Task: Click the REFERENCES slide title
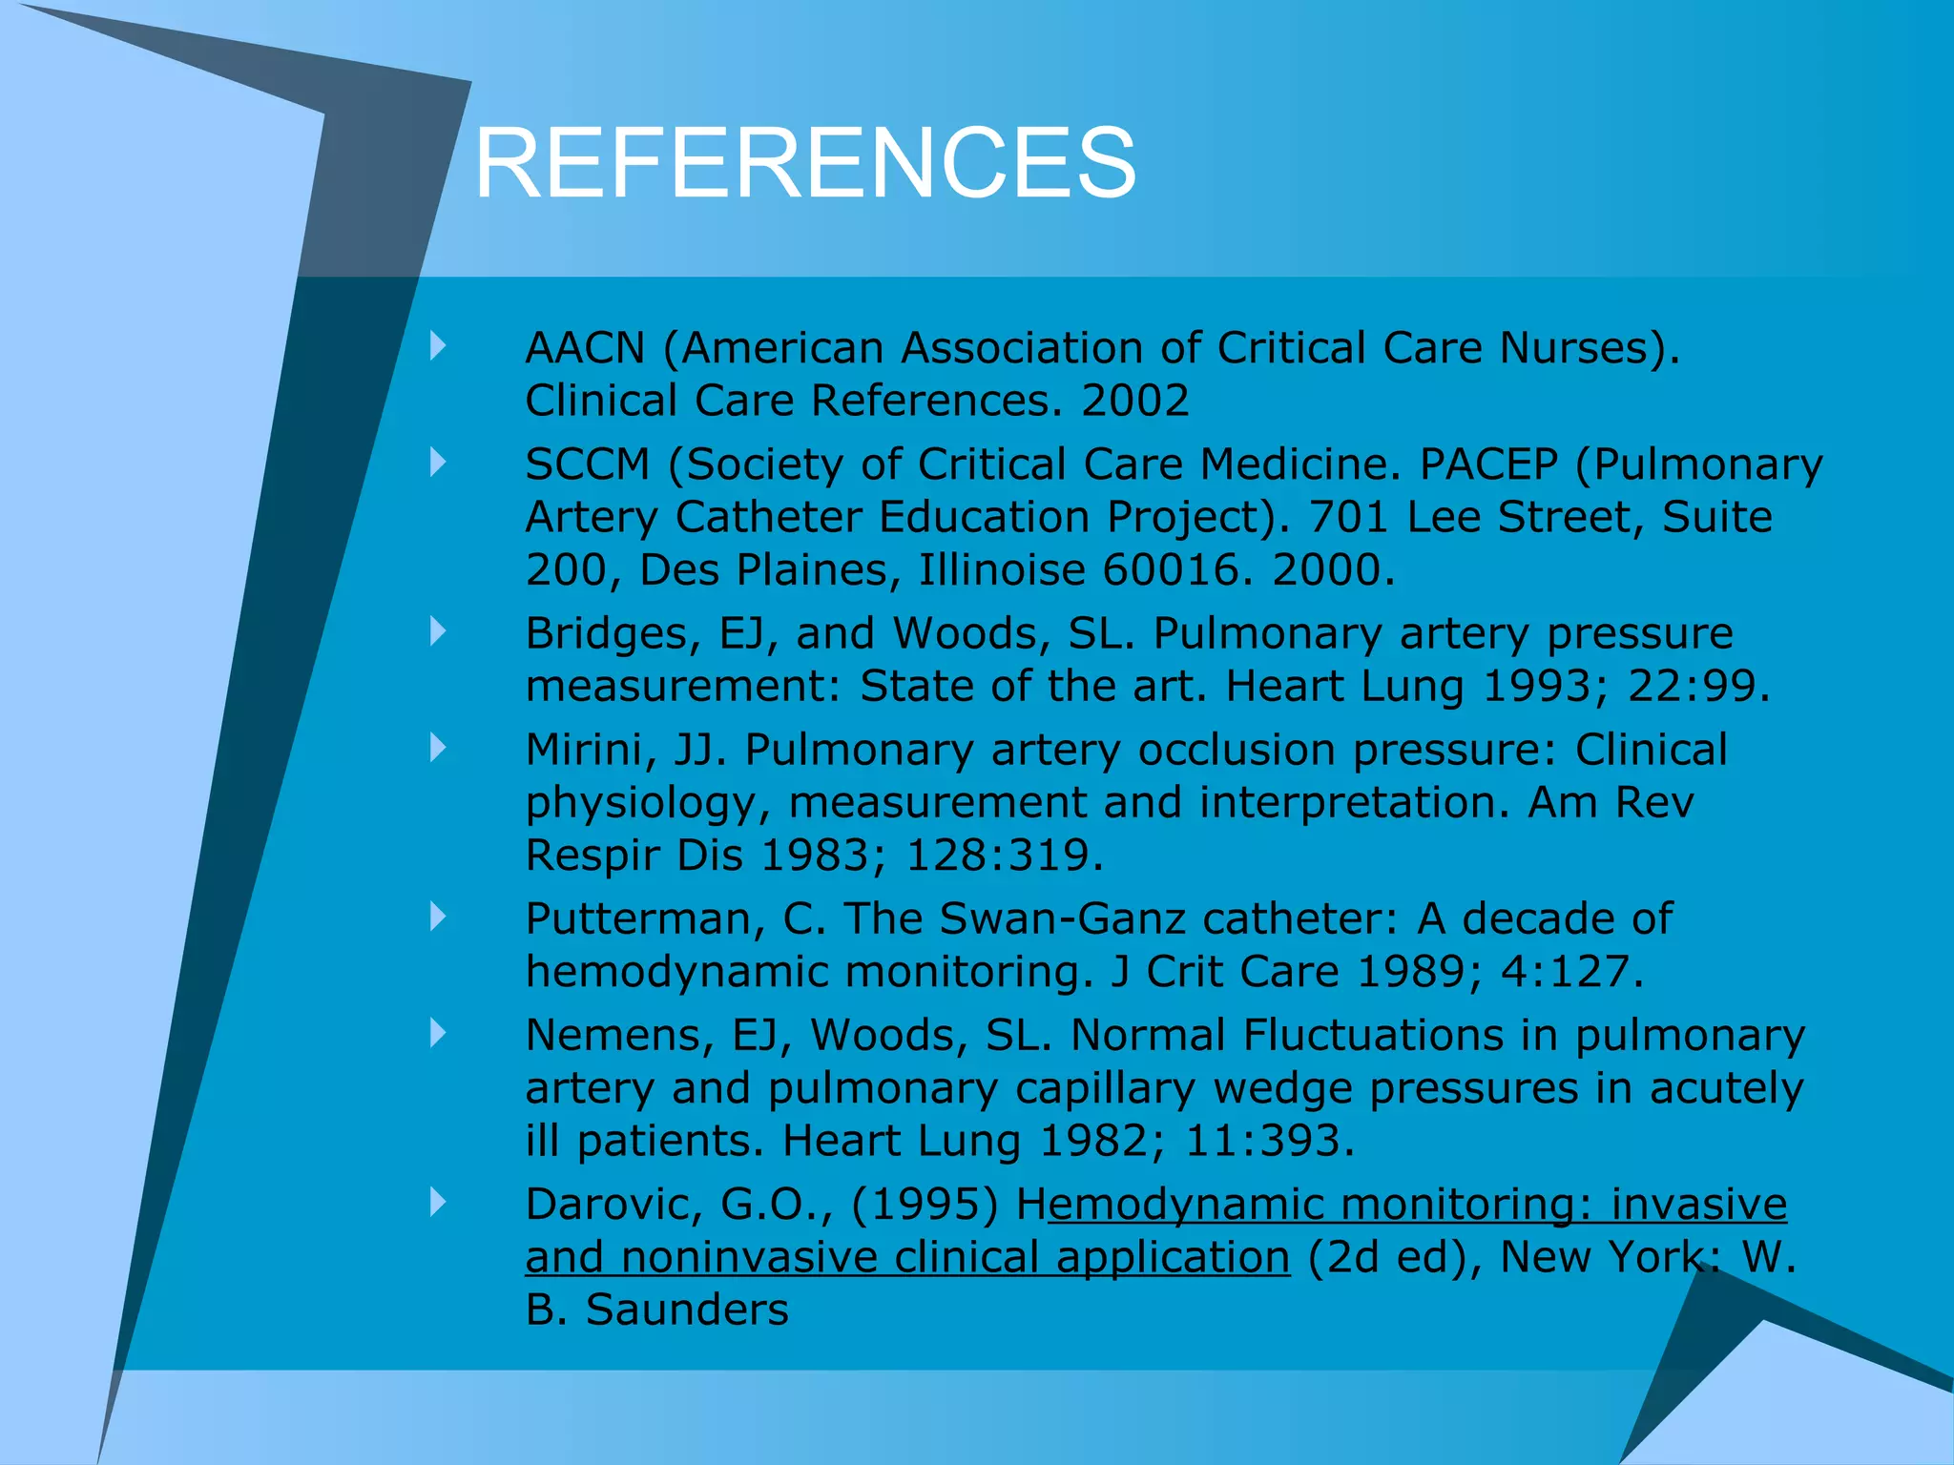point(804,163)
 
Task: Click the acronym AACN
point(585,348)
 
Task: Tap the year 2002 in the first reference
point(1134,401)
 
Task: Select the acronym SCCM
point(587,464)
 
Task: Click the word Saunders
point(687,1310)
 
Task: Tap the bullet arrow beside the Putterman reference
point(438,917)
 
